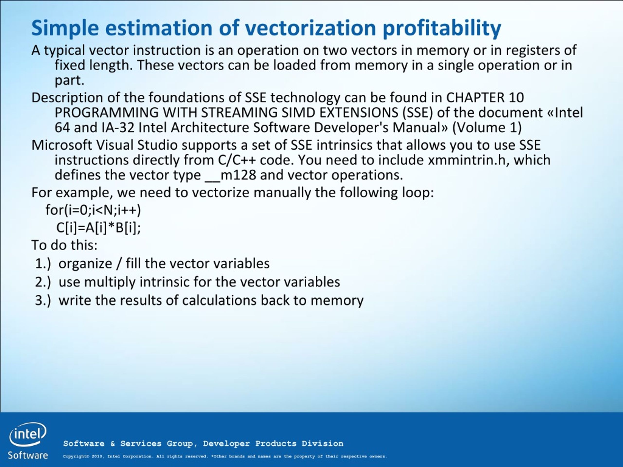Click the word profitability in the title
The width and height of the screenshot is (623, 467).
[442, 28]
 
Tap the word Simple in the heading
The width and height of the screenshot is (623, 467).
[65, 28]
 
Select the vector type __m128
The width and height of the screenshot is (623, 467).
[231, 175]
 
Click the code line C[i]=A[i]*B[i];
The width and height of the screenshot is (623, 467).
[99, 228]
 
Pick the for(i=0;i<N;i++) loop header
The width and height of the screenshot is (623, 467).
[93, 210]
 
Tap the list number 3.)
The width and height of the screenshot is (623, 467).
[43, 300]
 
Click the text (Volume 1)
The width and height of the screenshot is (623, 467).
[487, 127]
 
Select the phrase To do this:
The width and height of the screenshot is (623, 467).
[64, 245]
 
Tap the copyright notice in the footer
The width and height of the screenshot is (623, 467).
[225, 457]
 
